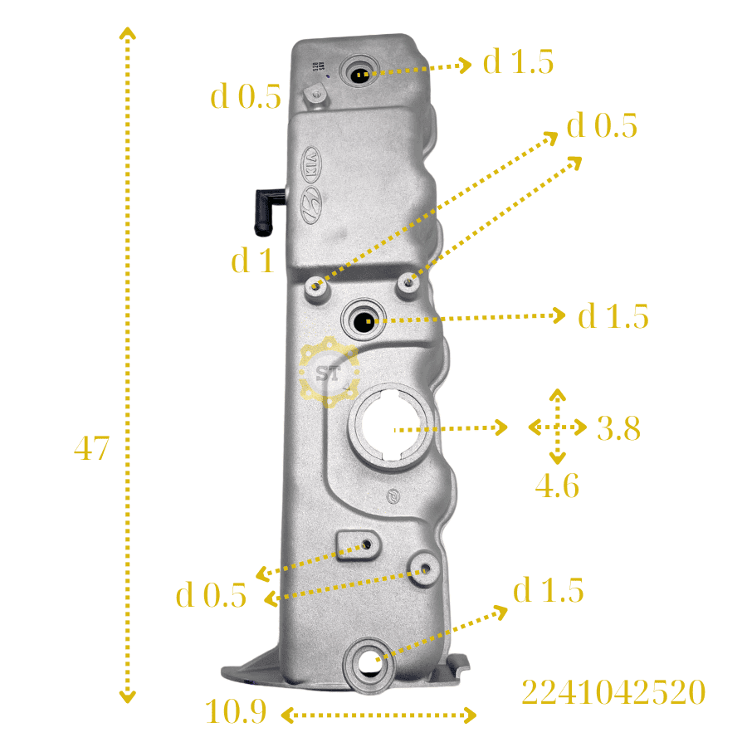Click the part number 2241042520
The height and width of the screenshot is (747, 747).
pyautogui.click(x=613, y=691)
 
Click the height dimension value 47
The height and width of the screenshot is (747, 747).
pyautogui.click(x=91, y=448)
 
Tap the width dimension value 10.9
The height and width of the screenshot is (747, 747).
pyautogui.click(x=236, y=711)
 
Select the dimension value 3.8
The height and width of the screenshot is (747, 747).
pyautogui.click(x=618, y=428)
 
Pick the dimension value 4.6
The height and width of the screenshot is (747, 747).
pyautogui.click(x=557, y=486)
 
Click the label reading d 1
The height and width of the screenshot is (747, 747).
pyautogui.click(x=252, y=261)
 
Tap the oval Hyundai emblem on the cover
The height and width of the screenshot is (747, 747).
pyautogui.click(x=311, y=203)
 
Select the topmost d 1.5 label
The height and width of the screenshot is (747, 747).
pyautogui.click(x=518, y=62)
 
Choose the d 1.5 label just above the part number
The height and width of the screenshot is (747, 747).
pyautogui.click(x=548, y=591)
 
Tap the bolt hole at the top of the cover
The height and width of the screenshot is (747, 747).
pyautogui.click(x=360, y=74)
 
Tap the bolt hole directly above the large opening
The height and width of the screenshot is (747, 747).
pyautogui.click(x=364, y=318)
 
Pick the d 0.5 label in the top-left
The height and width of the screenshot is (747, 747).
pyautogui.click(x=246, y=98)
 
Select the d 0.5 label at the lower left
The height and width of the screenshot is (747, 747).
pyautogui.click(x=211, y=595)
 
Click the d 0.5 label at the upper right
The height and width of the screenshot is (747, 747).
pyautogui.click(x=602, y=126)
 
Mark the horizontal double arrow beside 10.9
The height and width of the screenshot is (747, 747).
pyautogui.click(x=379, y=714)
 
